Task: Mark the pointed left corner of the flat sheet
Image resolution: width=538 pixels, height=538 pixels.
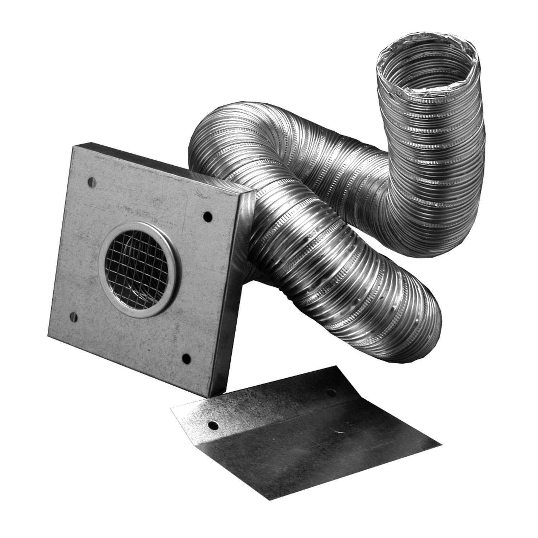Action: pos(172,409)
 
